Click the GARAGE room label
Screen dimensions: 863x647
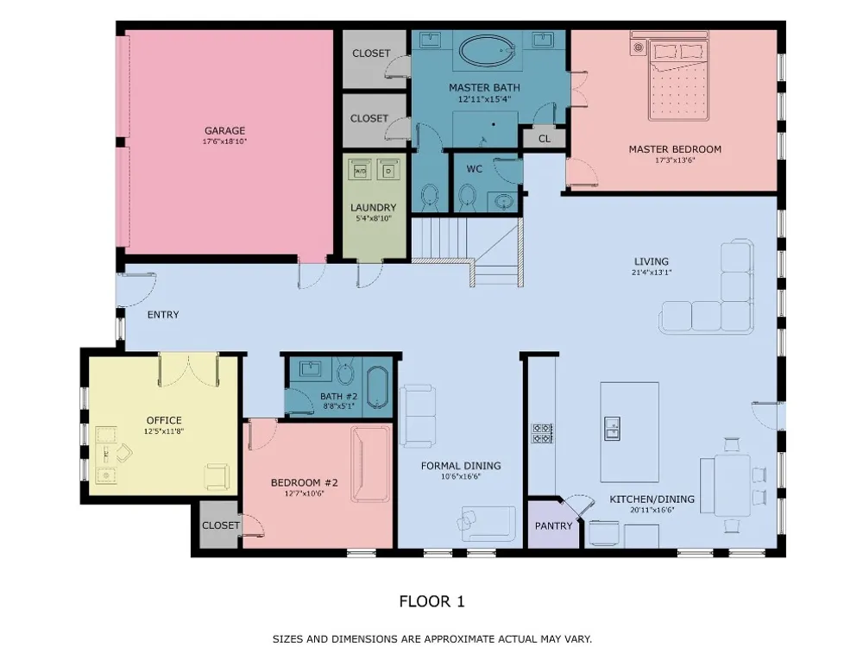coord(224,130)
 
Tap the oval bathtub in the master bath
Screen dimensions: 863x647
coord(486,52)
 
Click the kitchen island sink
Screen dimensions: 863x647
coord(612,429)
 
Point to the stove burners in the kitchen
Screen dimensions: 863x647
coord(542,433)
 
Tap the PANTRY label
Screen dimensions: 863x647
coord(554,526)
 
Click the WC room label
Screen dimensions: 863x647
coord(475,169)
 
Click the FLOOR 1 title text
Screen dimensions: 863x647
coord(432,601)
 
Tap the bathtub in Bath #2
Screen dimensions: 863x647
coord(378,386)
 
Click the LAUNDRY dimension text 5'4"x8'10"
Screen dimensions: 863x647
coord(374,218)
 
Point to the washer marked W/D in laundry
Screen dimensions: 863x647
coord(361,171)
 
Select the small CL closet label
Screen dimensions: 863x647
coord(545,139)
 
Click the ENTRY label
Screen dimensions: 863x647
coord(163,315)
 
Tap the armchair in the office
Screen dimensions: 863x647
coord(217,476)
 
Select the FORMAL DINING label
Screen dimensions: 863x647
coord(461,466)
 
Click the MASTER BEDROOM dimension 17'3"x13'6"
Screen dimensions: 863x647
coord(676,160)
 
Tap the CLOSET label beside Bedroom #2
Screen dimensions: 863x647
coord(221,525)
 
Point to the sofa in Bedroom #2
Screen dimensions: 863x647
coord(371,463)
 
